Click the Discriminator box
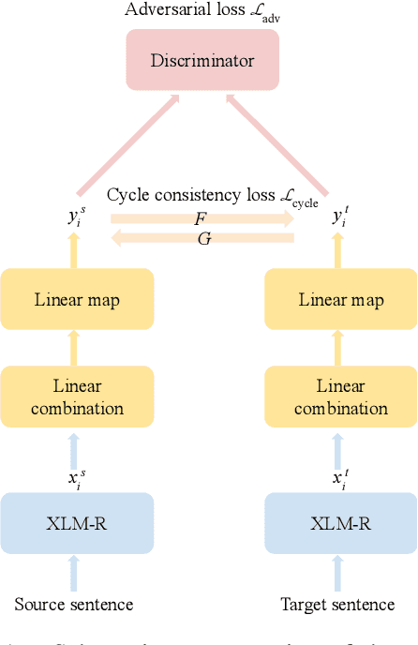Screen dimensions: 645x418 pyautogui.click(x=203, y=61)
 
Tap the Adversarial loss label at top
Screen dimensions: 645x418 pyautogui.click(x=203, y=11)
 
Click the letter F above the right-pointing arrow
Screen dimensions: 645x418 pyautogui.click(x=201, y=217)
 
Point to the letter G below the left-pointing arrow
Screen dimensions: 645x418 pyautogui.click(x=202, y=239)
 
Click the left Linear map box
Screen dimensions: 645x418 pyautogui.click(x=77, y=300)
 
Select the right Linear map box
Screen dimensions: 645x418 pyautogui.click(x=341, y=300)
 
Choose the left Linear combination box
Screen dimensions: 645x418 pyautogui.click(x=77, y=397)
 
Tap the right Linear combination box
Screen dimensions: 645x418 pyautogui.click(x=341, y=397)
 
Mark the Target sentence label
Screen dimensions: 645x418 pyautogui.click(x=337, y=605)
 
